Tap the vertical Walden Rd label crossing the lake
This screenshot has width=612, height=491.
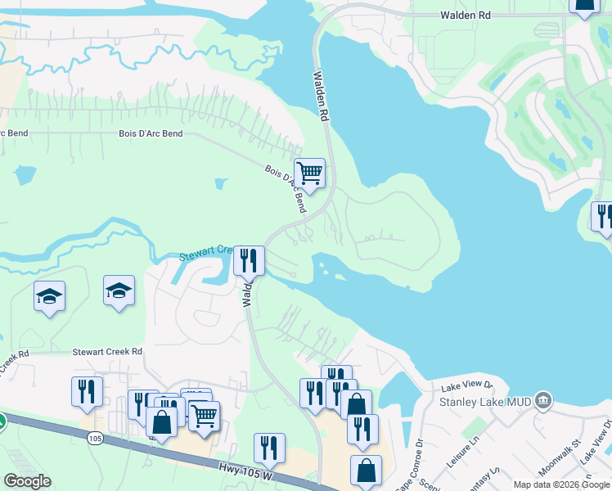click(321, 96)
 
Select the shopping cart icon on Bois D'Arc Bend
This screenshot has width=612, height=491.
click(309, 173)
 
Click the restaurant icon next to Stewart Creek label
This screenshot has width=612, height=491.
click(250, 261)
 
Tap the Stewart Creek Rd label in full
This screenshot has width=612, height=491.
click(107, 351)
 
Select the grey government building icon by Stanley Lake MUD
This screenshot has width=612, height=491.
click(542, 400)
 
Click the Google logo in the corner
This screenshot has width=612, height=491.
click(27, 481)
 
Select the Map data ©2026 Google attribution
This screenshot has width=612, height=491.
click(561, 484)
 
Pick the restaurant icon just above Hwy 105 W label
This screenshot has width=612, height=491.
click(269, 448)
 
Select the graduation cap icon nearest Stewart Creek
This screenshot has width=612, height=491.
click(119, 290)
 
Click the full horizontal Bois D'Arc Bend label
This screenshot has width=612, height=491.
click(151, 133)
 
